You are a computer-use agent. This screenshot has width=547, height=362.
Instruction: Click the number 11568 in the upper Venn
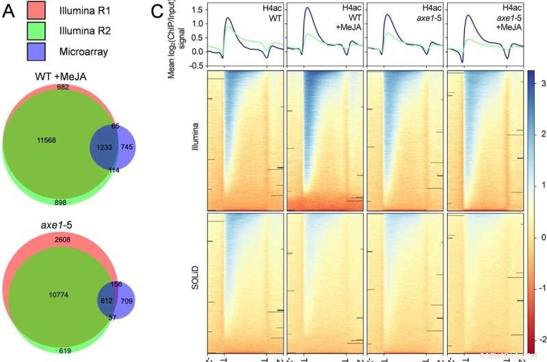(44, 139)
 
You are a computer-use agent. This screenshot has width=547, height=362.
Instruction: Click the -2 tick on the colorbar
(540, 339)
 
